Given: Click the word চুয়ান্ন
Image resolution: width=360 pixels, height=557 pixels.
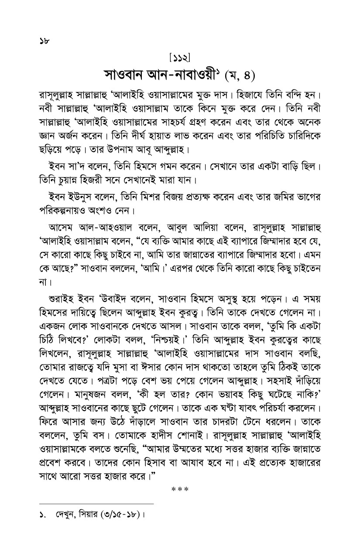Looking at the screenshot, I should pos(67,180).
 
